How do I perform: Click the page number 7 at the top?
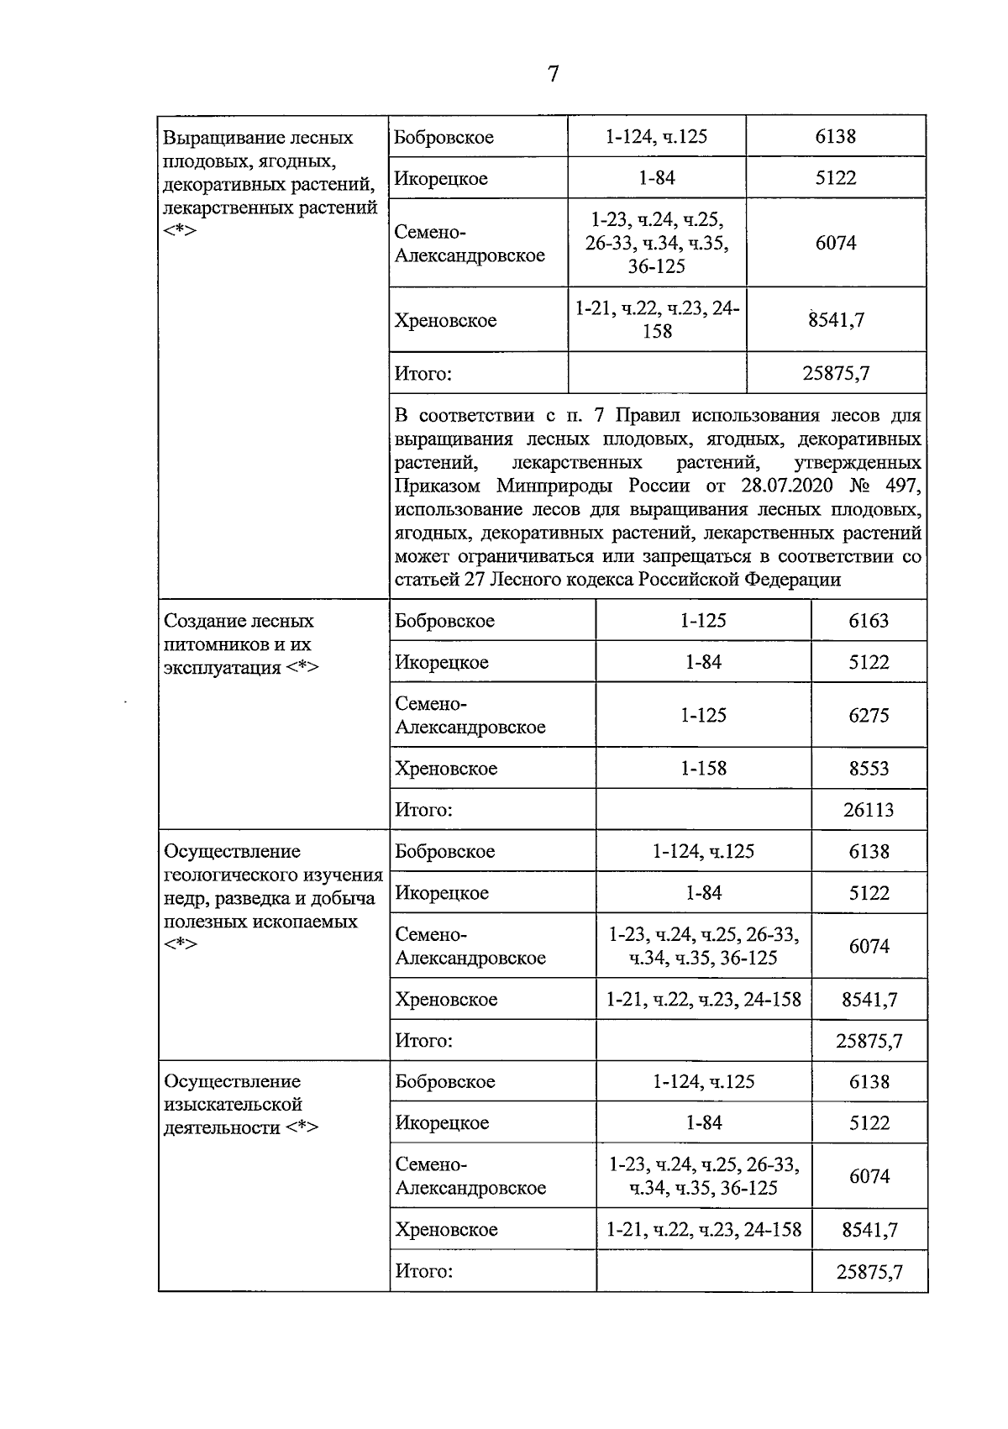[553, 75]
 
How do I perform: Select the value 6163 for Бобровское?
[869, 621]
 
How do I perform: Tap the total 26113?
[869, 810]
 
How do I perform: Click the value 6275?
[869, 716]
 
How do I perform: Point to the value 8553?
[869, 769]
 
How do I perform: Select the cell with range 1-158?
[703, 769]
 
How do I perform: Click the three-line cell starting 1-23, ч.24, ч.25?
[657, 243]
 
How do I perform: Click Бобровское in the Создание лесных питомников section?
[445, 621]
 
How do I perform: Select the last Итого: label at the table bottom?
[424, 1271]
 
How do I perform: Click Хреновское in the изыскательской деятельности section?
[446, 1230]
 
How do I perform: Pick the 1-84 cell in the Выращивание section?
[657, 178]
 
